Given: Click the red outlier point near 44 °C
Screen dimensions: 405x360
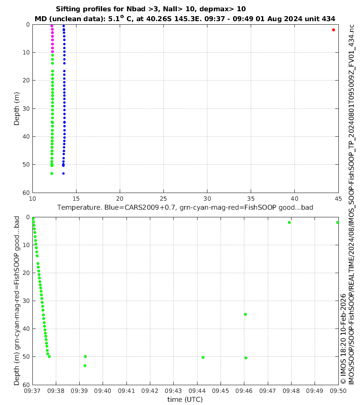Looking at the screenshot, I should click(x=333, y=30).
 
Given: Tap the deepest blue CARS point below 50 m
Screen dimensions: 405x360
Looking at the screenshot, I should click(x=63, y=173).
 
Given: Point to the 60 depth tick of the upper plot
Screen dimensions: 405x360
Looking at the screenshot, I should click(x=26, y=193).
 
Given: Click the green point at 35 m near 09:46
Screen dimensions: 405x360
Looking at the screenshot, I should click(x=245, y=314).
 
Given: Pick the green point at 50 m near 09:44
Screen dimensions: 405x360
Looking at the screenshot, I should click(x=203, y=357).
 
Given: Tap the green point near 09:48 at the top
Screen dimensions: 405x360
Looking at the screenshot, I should click(x=289, y=222).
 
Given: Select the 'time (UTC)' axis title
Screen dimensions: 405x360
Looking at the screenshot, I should click(x=185, y=399).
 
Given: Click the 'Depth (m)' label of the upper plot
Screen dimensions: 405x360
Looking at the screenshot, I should click(x=17, y=108).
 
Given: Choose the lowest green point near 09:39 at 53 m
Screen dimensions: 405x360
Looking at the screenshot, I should click(x=85, y=365).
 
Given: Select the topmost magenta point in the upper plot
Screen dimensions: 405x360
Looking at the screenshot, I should click(x=52, y=26).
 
